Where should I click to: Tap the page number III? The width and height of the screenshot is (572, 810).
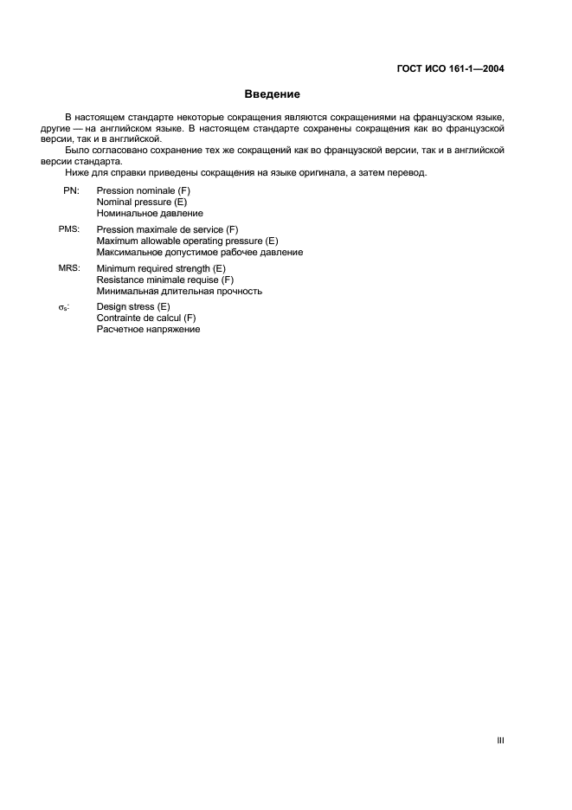pyautogui.click(x=501, y=740)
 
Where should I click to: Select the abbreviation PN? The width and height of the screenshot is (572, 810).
pyautogui.click(x=71, y=190)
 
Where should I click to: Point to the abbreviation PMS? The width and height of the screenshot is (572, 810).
pyautogui.click(x=69, y=229)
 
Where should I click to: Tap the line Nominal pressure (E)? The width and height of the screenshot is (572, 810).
pyautogui.click(x=142, y=201)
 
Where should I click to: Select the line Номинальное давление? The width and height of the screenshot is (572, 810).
pyautogui.click(x=150, y=212)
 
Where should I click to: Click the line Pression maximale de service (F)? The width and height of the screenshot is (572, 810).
pyautogui.click(x=167, y=229)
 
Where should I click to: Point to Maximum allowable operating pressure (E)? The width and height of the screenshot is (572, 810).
pyautogui.click(x=187, y=241)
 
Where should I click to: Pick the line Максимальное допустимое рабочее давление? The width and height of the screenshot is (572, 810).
pyautogui.click(x=199, y=252)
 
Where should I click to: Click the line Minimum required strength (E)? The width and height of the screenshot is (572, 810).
pyautogui.click(x=161, y=269)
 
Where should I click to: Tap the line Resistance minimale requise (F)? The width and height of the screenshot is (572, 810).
pyautogui.click(x=165, y=280)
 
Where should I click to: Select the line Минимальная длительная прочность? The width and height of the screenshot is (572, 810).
pyautogui.click(x=179, y=292)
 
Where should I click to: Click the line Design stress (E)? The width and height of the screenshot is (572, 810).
pyautogui.click(x=133, y=307)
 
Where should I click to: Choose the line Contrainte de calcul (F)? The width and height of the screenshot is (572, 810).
pyautogui.click(x=146, y=318)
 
